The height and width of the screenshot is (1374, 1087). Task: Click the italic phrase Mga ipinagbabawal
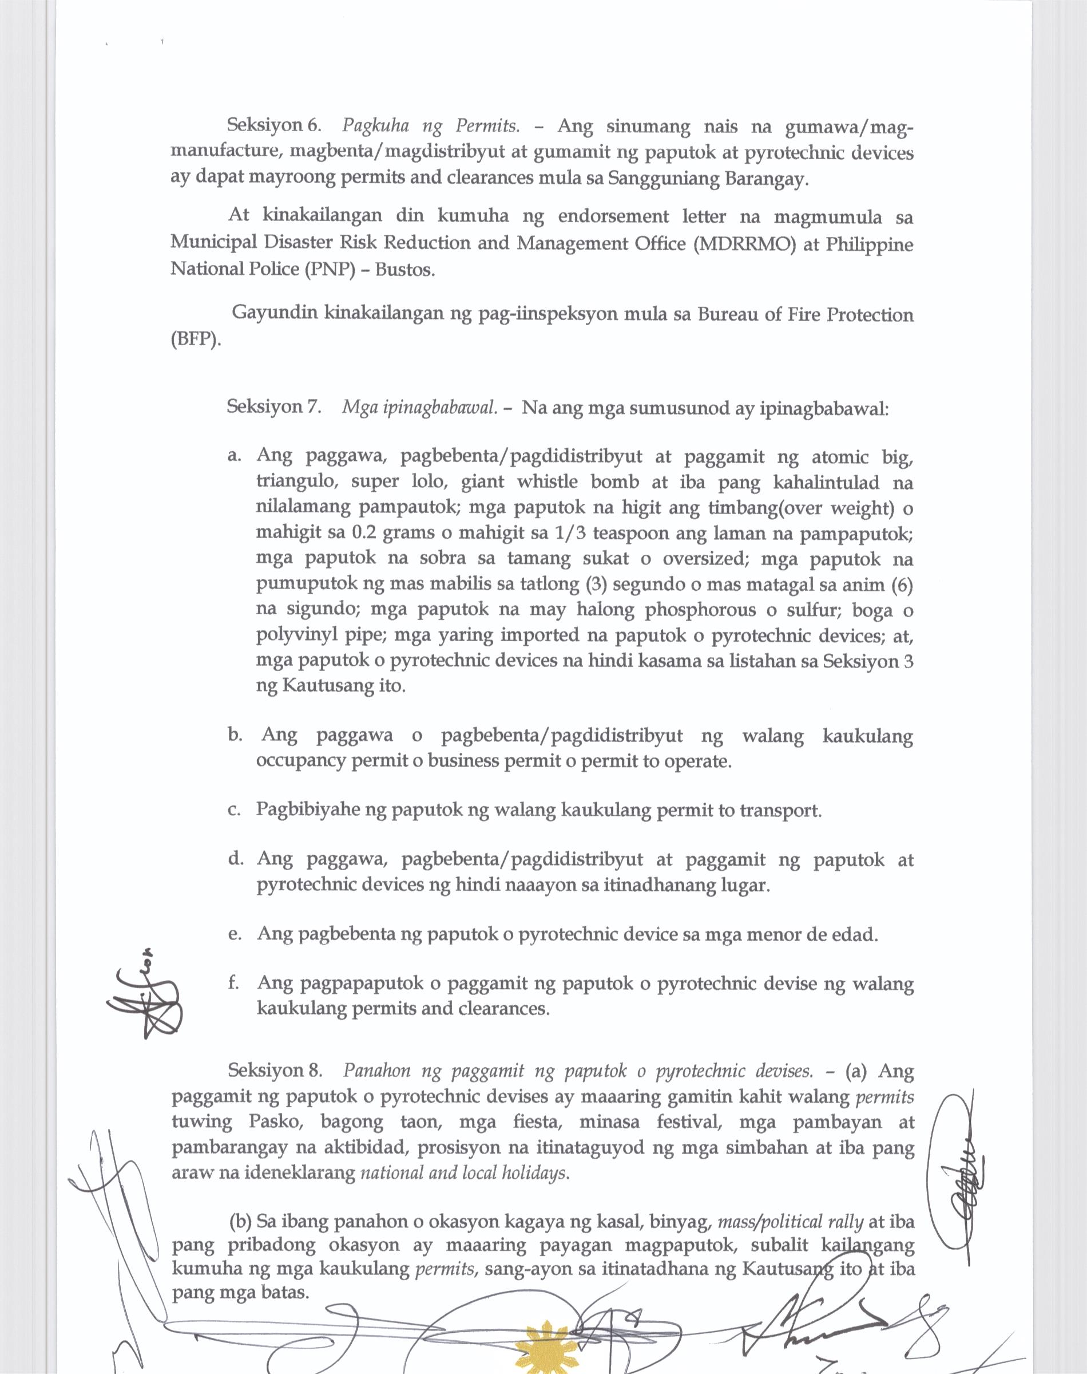pyautogui.click(x=419, y=408)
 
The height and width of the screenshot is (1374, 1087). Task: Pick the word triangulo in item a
pyautogui.click(x=295, y=482)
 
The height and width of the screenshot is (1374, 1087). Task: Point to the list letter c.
pyautogui.click(x=233, y=811)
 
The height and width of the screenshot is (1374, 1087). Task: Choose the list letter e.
pyautogui.click(x=233, y=935)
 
